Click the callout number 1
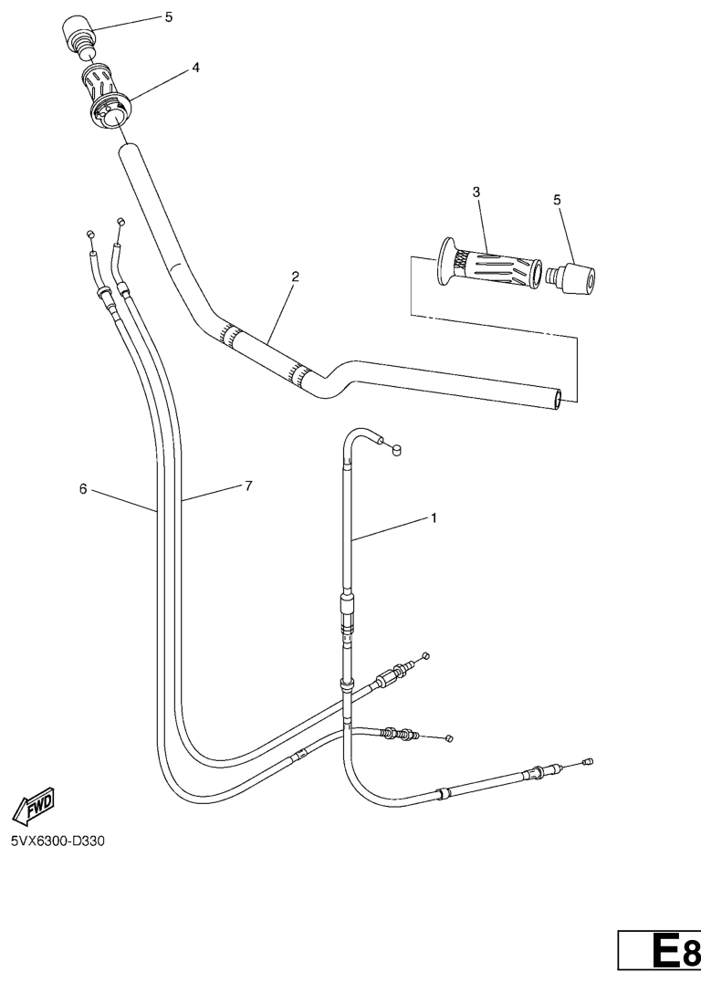(x=434, y=518)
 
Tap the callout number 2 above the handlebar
(x=295, y=277)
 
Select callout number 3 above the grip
(x=476, y=193)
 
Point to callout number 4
(x=195, y=68)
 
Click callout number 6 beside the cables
(x=83, y=488)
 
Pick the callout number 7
(x=248, y=486)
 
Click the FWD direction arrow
(x=33, y=805)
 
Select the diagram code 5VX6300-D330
(x=58, y=841)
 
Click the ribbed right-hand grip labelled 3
(x=488, y=267)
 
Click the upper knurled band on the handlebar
(x=229, y=334)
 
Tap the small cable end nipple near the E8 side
(x=587, y=762)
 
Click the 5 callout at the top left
(x=168, y=17)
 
